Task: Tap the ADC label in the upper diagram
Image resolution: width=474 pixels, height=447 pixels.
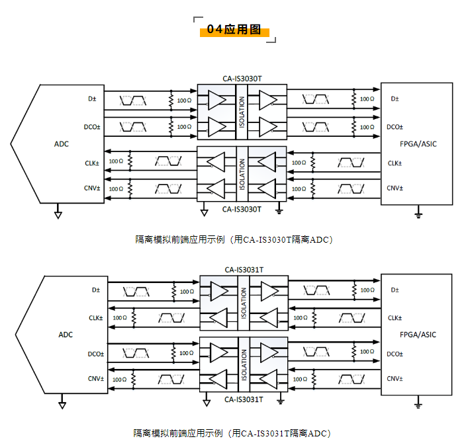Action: [x=62, y=143]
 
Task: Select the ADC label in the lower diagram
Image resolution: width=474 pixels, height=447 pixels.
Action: [x=66, y=335]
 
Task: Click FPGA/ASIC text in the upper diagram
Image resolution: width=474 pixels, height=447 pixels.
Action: [x=418, y=143]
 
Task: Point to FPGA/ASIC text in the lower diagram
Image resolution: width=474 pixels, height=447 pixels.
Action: [x=418, y=335]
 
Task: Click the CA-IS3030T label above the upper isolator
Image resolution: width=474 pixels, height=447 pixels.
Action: [x=242, y=78]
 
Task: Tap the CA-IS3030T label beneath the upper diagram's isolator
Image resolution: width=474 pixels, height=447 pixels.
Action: [x=242, y=209]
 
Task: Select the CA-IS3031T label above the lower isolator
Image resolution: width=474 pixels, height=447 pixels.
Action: [x=244, y=269]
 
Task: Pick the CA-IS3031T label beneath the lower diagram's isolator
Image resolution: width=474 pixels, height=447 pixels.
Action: [x=244, y=399]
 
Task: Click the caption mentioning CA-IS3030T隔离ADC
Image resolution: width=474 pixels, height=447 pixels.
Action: [x=233, y=239]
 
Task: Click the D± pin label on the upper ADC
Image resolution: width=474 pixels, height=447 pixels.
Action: [x=92, y=99]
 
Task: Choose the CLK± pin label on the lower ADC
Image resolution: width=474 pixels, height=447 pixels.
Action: [x=96, y=317]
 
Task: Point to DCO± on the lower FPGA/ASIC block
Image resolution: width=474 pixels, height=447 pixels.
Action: [x=395, y=354]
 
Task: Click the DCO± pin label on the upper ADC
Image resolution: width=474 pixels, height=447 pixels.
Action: [x=92, y=127]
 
